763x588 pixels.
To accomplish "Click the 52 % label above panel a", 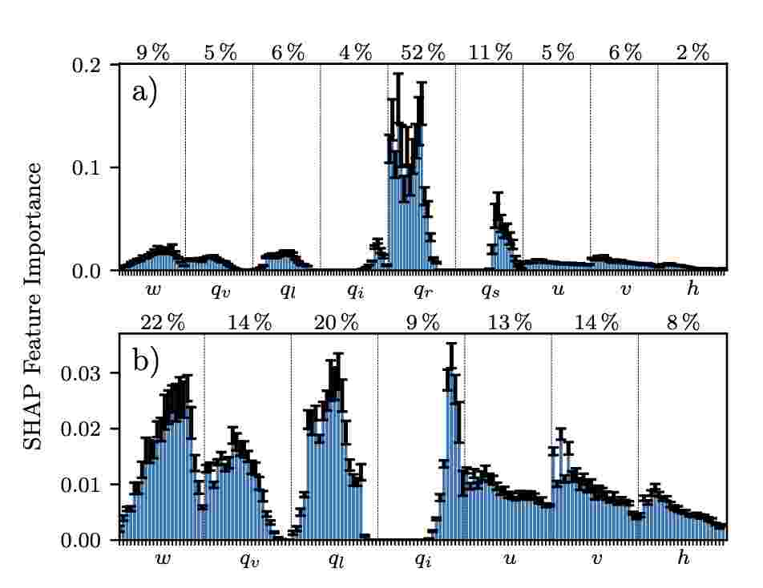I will click(x=422, y=54).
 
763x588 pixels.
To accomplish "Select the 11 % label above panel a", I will click(x=490, y=54).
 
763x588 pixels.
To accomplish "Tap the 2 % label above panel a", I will click(x=692, y=54).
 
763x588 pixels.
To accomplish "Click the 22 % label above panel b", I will click(x=163, y=323).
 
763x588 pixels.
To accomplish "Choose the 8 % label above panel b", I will click(x=683, y=323).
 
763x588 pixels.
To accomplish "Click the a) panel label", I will click(x=144, y=91).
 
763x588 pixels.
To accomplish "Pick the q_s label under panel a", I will click(x=490, y=290).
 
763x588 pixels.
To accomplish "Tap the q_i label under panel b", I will click(x=422, y=560).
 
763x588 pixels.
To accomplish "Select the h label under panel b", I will click(x=683, y=558).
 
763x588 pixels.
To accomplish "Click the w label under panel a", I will click(x=151, y=288).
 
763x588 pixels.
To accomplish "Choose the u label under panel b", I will click(x=509, y=558).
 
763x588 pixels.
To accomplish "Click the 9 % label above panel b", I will click(x=422, y=323).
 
